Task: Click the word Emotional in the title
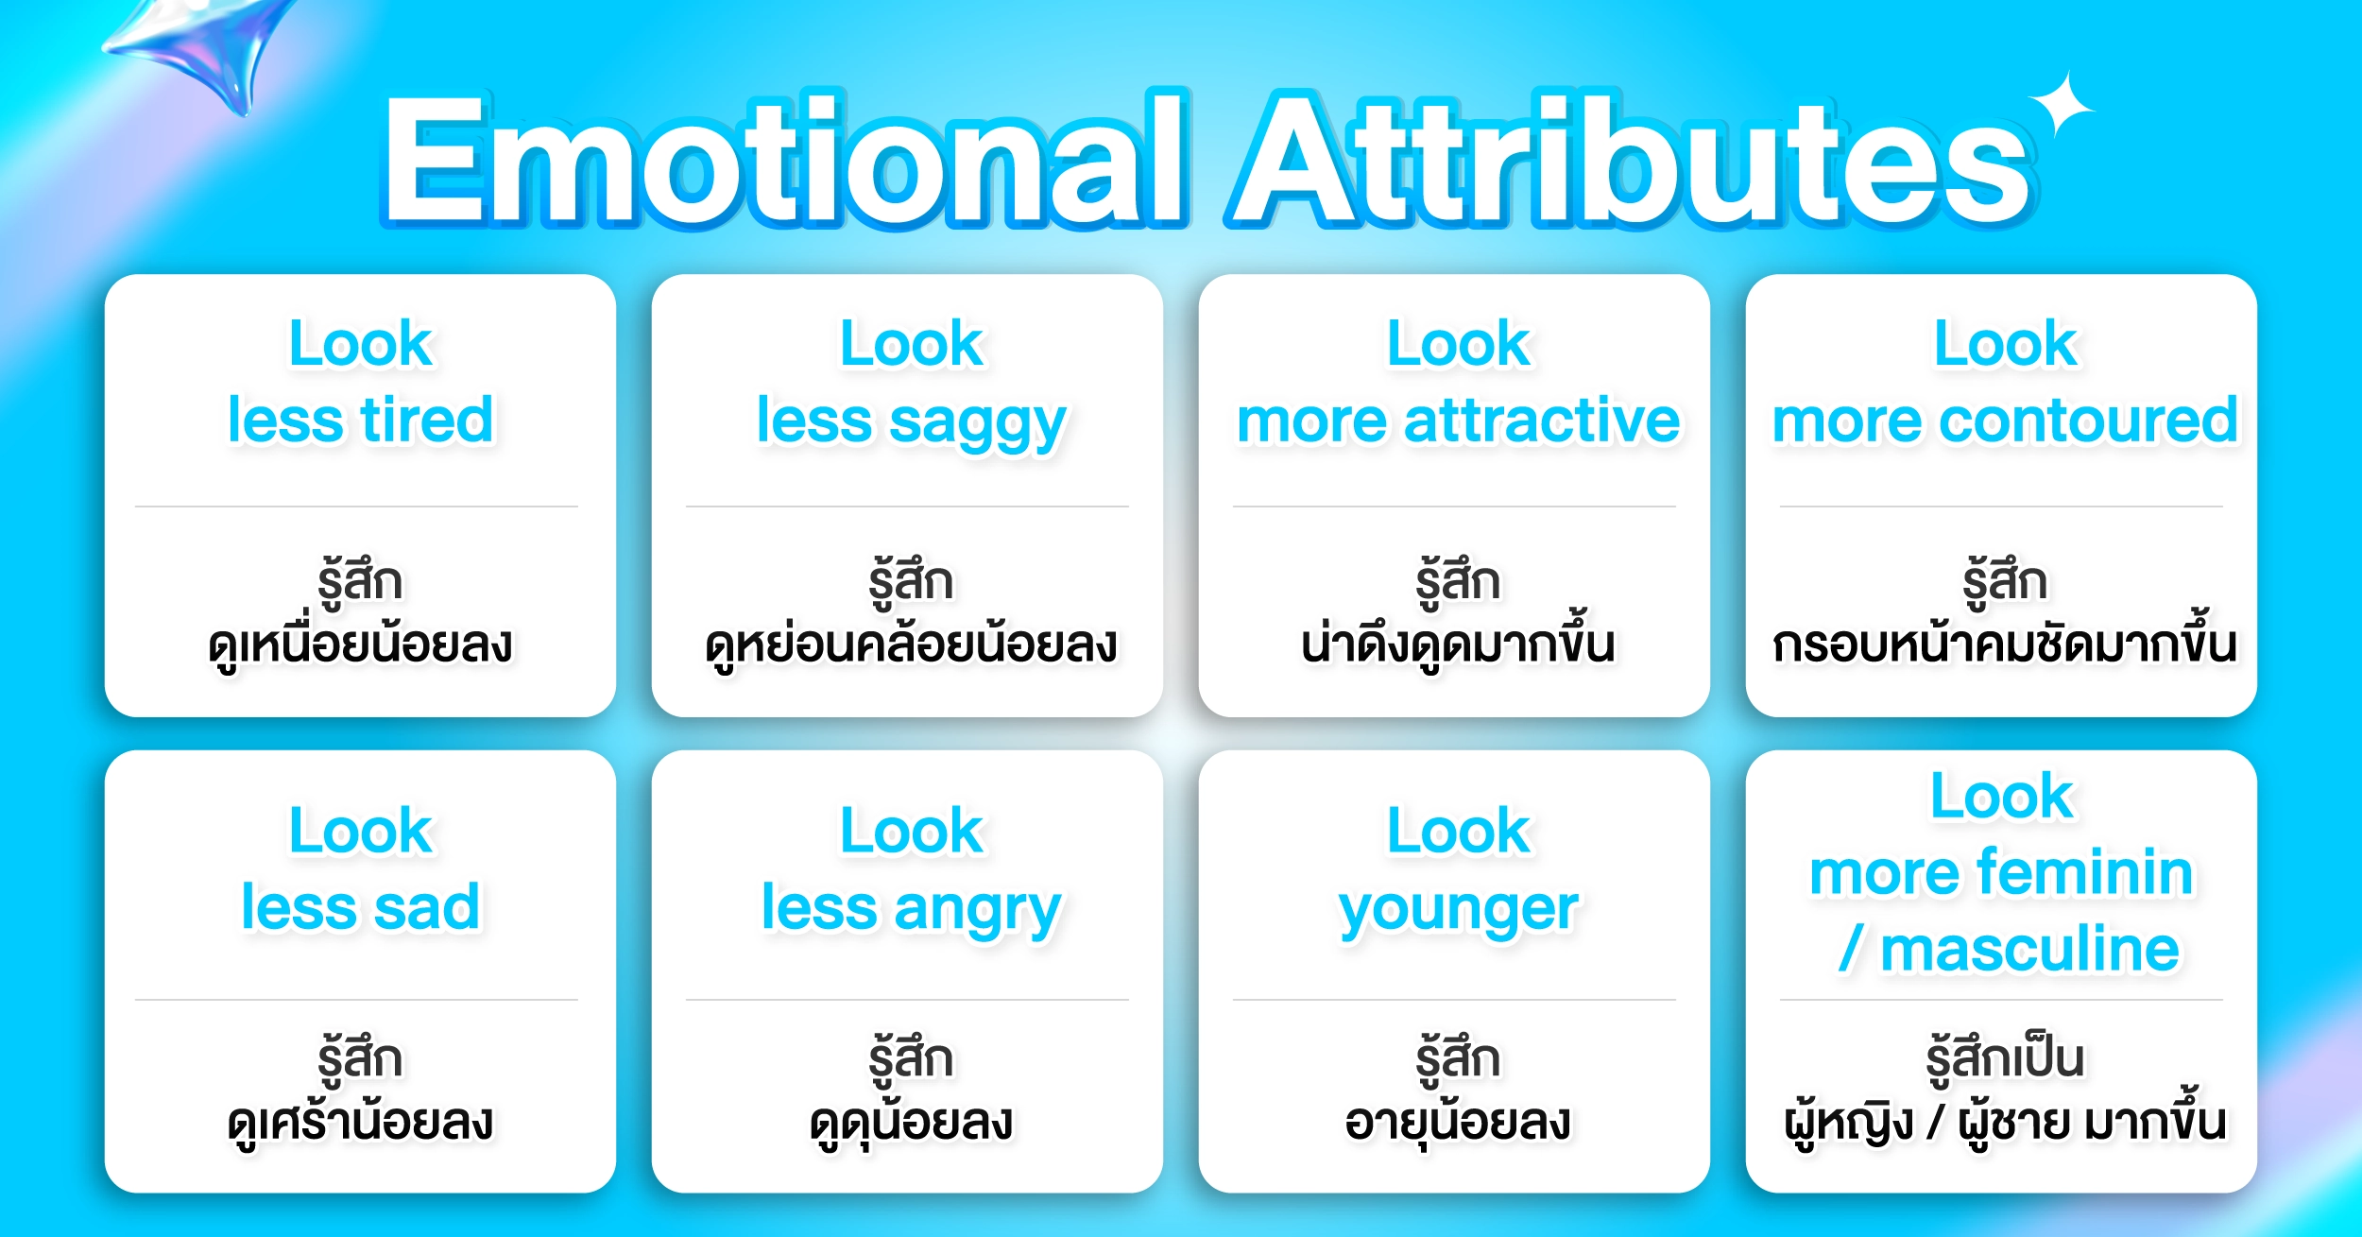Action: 784,159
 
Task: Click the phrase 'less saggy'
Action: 911,422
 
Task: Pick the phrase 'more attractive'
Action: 1458,420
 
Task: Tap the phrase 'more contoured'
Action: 2005,420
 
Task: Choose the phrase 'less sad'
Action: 361,907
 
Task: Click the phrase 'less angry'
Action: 911,910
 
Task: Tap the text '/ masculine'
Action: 2009,949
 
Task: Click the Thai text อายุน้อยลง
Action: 1458,1121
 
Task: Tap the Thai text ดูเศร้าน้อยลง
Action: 361,1121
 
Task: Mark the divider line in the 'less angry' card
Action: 907,1000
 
